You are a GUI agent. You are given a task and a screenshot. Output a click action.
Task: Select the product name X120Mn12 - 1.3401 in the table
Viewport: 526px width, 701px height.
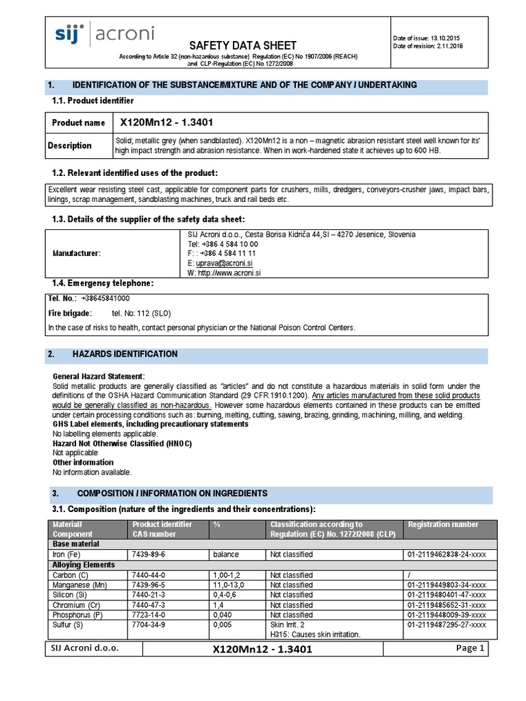[x=166, y=123]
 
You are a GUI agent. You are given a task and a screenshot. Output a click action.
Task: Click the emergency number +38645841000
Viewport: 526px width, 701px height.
[x=105, y=298]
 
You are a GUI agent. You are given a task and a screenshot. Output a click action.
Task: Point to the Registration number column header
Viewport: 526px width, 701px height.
[x=443, y=524]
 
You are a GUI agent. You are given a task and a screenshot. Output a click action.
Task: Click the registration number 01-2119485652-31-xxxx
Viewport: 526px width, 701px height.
[x=447, y=605]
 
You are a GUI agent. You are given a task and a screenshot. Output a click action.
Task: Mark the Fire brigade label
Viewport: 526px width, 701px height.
[x=68, y=314]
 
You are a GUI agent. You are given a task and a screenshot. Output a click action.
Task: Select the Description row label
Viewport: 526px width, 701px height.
[x=70, y=145]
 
